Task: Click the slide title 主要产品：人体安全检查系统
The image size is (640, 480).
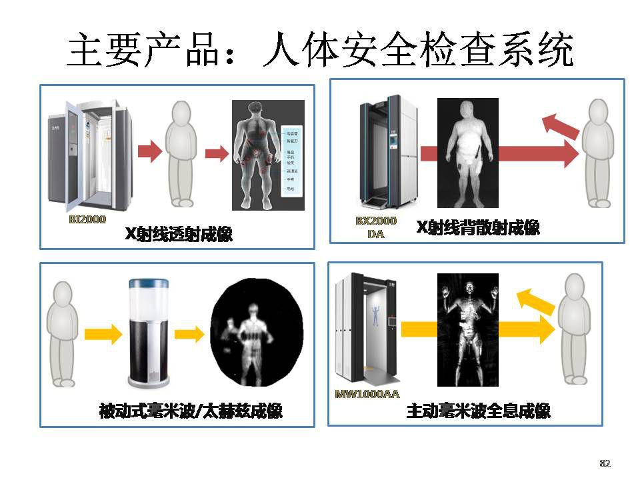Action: click(320, 50)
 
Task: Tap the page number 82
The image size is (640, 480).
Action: click(605, 463)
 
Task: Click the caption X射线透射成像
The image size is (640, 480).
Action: click(179, 234)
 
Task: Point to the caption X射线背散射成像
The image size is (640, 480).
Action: click(478, 228)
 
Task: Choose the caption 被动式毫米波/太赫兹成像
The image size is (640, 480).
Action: click(190, 411)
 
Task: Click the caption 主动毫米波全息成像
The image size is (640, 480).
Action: click(478, 411)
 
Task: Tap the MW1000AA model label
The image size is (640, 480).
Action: click(367, 394)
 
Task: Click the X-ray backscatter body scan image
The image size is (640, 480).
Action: click(467, 153)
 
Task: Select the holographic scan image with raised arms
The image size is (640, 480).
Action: click(467, 329)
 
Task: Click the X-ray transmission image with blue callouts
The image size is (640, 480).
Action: click(268, 155)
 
